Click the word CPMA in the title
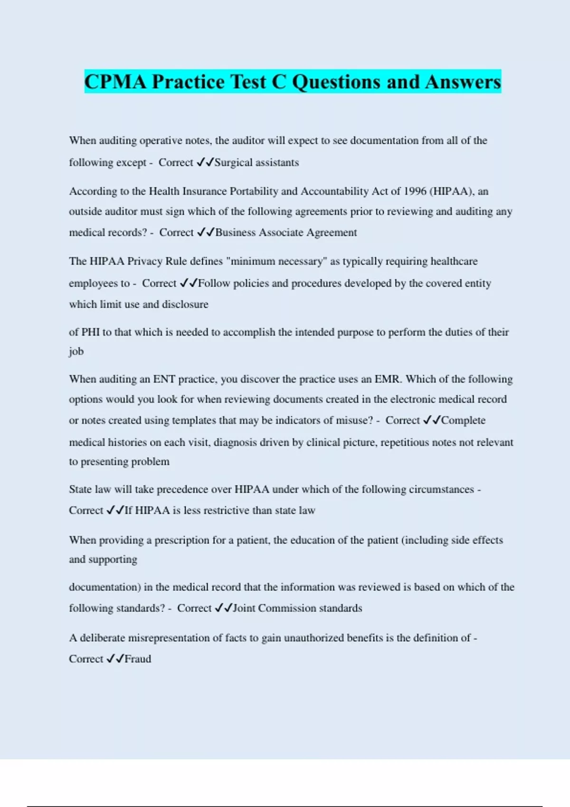click(x=115, y=82)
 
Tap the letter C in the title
click(x=279, y=82)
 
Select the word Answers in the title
click(x=463, y=82)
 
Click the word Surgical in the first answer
click(x=233, y=162)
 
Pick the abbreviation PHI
click(x=90, y=332)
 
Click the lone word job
click(x=76, y=351)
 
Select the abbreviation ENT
click(x=164, y=379)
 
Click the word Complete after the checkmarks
click(x=463, y=421)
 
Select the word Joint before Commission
click(x=244, y=608)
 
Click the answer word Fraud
click(x=138, y=659)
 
